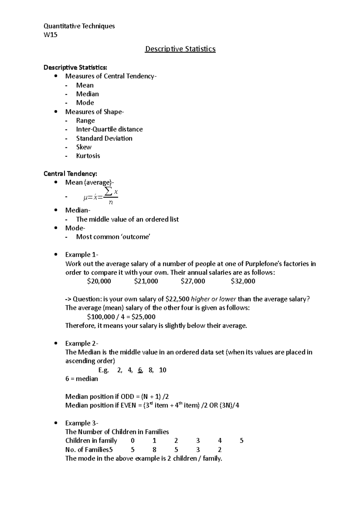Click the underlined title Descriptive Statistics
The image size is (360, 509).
coord(180,49)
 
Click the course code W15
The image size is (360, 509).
coord(50,35)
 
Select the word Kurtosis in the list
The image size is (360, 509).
coord(88,156)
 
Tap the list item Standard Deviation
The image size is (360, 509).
coord(104,138)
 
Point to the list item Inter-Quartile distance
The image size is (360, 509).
coord(109,129)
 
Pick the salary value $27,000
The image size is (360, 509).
coord(193,281)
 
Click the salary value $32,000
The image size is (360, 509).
coord(243,281)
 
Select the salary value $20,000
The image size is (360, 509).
coord(99,281)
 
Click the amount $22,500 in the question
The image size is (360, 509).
coord(177,299)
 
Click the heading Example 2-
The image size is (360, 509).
coord(82,343)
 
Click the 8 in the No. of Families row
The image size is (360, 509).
coord(154,450)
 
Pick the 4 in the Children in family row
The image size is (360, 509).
coord(220,441)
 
